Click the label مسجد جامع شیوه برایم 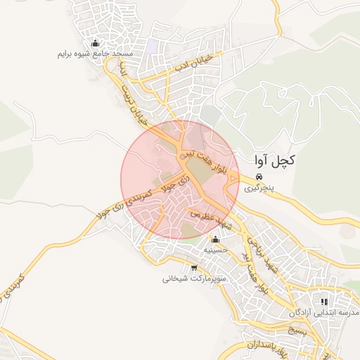[96, 54]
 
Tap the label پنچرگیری [257, 188]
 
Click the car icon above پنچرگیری [259, 176]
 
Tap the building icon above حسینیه [214, 240]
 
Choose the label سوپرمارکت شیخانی [193, 278]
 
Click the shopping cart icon [194, 268]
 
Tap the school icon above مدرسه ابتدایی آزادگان [324, 301]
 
